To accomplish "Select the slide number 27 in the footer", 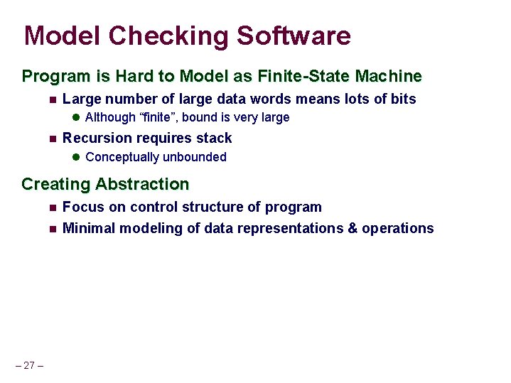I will tap(29, 365).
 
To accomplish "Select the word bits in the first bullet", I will tap(402, 99).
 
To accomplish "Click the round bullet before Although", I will tap(77, 117).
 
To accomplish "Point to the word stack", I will tap(215, 138).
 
